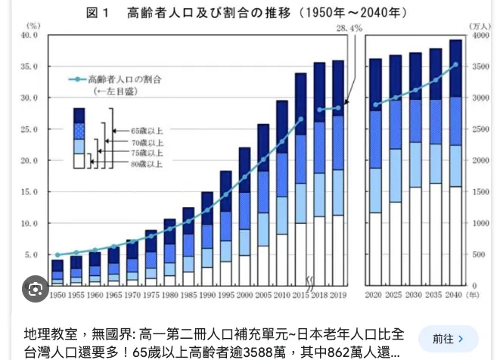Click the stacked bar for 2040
tap(455, 163)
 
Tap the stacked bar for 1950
tap(57, 272)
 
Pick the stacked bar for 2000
tap(244, 216)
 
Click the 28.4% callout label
tap(349, 28)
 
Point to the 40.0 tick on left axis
tap(29, 36)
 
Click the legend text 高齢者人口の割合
tap(124, 79)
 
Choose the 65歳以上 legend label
tap(146, 131)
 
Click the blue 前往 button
tap(448, 339)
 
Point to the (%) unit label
tap(33, 26)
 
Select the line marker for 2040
tap(455, 64)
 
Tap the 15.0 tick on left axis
tap(29, 192)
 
